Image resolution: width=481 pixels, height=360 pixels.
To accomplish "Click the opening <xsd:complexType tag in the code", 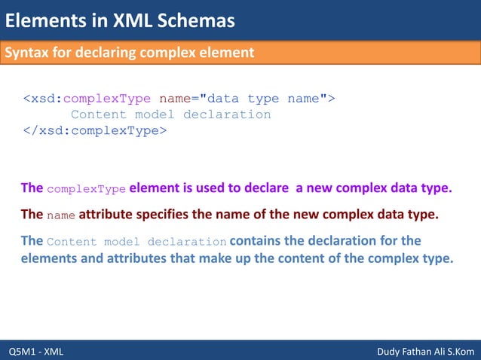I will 87,99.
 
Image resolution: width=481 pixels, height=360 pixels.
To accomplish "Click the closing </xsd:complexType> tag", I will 94,130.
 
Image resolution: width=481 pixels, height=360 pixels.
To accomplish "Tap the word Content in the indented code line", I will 99,114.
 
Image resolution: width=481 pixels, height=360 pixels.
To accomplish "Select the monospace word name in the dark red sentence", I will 61,215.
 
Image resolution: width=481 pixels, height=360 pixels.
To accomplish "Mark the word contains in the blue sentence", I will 256,241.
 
